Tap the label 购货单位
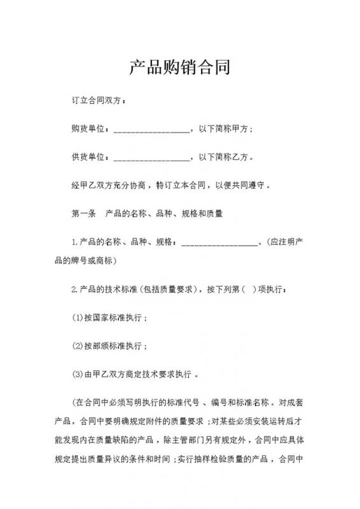[88, 129]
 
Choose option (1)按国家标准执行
[111, 317]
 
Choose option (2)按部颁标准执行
[111, 346]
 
